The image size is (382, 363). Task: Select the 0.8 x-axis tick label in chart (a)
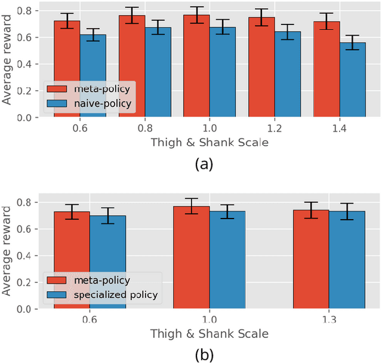coord(144,128)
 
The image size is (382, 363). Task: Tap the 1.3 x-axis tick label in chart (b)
coord(329,319)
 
